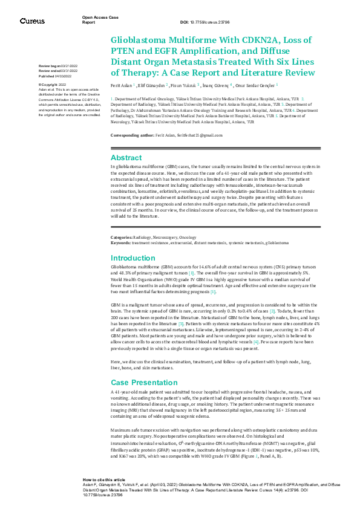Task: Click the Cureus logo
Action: [x=32, y=21]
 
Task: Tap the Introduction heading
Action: [x=134, y=258]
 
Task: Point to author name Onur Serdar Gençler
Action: [x=258, y=85]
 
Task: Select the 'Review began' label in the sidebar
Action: [x=49, y=65]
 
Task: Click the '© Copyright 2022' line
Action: [x=53, y=85]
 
